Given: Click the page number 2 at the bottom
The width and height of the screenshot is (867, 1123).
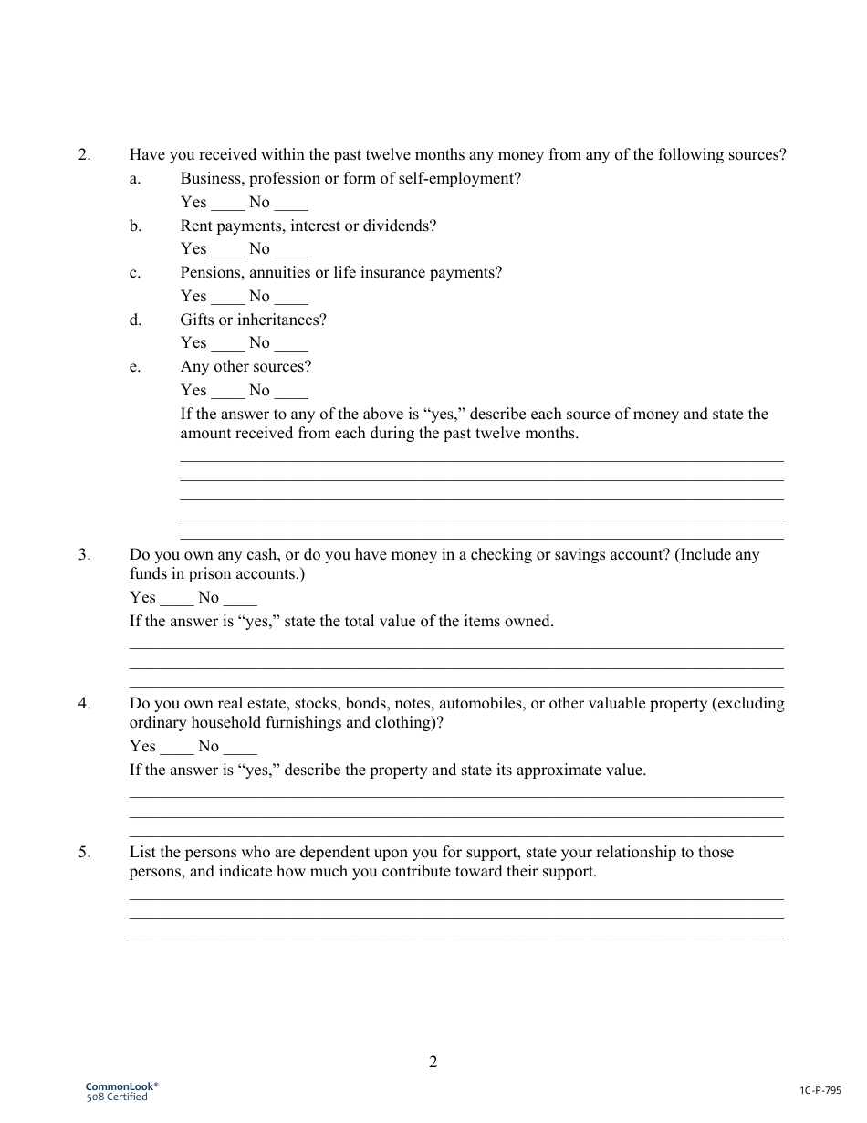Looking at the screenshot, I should point(433,1062).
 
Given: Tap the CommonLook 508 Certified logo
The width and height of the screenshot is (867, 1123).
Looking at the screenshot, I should point(121,1091).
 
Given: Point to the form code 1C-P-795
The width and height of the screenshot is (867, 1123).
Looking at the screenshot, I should point(820,1090).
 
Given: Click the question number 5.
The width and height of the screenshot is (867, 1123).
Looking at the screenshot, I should point(84,852).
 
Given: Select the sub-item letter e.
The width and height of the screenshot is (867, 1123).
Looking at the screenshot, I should point(134,366).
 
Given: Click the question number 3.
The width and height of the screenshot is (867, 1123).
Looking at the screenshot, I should point(84,554).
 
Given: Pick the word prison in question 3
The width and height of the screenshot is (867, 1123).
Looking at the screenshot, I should point(212,574).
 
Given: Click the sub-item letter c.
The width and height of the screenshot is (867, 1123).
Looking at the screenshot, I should point(134,272).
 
